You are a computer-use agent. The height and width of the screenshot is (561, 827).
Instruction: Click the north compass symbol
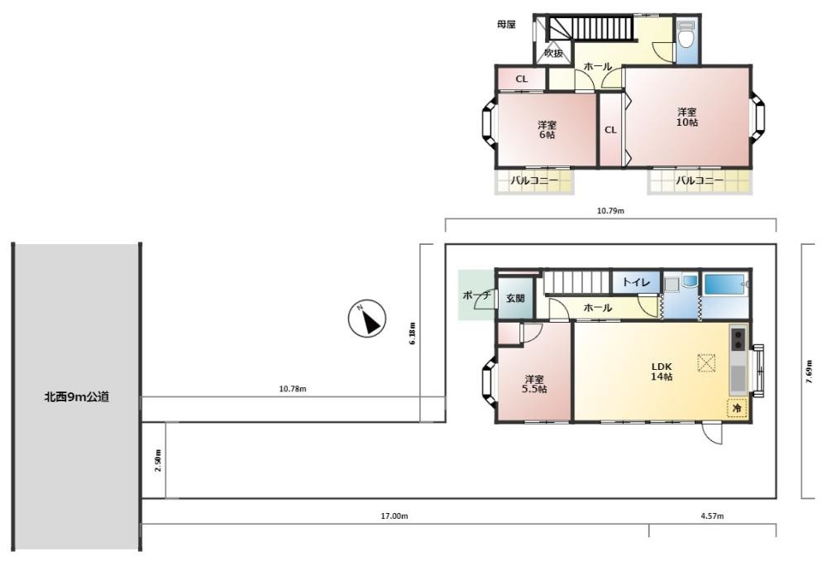[x=367, y=319]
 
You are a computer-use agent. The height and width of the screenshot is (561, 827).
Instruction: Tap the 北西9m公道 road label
[x=76, y=397]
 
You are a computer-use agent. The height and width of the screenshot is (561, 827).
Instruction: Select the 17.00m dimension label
[x=394, y=516]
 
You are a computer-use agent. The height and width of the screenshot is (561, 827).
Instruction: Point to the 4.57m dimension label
[x=712, y=516]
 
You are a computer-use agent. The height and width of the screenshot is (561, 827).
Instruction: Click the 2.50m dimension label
[x=158, y=460]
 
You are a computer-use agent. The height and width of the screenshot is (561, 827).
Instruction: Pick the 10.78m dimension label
[x=293, y=389]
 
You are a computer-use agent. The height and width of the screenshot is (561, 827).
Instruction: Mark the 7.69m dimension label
[x=809, y=372]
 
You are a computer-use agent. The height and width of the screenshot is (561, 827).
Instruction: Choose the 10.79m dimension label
[x=610, y=211]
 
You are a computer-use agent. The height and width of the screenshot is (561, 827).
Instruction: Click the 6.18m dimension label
[x=413, y=333]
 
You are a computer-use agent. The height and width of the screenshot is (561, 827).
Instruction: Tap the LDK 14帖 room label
[x=662, y=372]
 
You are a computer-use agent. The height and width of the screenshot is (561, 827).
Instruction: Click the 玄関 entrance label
[x=515, y=298]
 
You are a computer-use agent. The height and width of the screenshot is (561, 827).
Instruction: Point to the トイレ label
[x=636, y=282]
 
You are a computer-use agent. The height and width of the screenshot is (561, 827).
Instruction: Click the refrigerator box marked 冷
[x=738, y=409]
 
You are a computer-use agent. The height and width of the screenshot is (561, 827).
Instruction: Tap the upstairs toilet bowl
[x=686, y=35]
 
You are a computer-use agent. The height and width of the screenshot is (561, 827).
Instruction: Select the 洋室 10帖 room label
[x=686, y=117]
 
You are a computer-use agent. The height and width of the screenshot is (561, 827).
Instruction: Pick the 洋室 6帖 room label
[x=547, y=130]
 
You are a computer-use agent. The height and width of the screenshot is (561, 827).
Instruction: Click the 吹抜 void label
[x=554, y=53]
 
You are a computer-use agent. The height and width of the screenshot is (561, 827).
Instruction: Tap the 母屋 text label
[x=506, y=24]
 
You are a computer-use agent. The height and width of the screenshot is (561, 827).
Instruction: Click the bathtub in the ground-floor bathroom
[x=724, y=285]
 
